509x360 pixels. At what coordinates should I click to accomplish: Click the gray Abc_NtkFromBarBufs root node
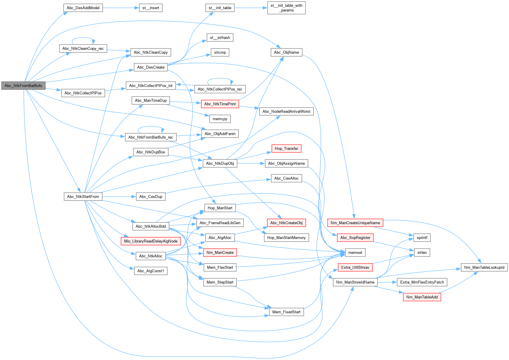point(23,86)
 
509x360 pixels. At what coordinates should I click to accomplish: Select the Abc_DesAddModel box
point(83,8)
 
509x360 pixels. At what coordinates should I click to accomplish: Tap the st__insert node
point(151,8)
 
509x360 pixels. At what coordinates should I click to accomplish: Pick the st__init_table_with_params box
point(286,8)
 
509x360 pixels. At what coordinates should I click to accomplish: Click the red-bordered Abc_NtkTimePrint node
point(220,104)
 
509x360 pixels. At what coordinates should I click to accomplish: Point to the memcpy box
point(220,119)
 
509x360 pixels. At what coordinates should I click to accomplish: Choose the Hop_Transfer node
point(286,149)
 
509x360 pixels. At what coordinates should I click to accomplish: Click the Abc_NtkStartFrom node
point(83,197)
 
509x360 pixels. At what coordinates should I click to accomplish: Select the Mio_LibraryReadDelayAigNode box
point(151,241)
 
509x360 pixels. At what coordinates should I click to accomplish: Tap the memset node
point(355,253)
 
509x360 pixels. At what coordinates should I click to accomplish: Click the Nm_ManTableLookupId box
point(484,267)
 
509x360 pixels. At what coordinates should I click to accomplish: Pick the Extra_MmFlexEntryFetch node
point(422,282)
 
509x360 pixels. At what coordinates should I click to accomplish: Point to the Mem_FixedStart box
point(286,312)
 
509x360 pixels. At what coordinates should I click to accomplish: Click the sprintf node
point(422,238)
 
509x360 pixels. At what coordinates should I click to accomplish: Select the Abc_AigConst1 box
point(151,271)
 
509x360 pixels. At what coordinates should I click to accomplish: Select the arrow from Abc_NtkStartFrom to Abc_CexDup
point(119,197)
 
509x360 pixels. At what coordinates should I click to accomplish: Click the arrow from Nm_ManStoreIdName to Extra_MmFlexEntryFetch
point(387,282)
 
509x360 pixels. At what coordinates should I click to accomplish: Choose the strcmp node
point(220,52)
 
